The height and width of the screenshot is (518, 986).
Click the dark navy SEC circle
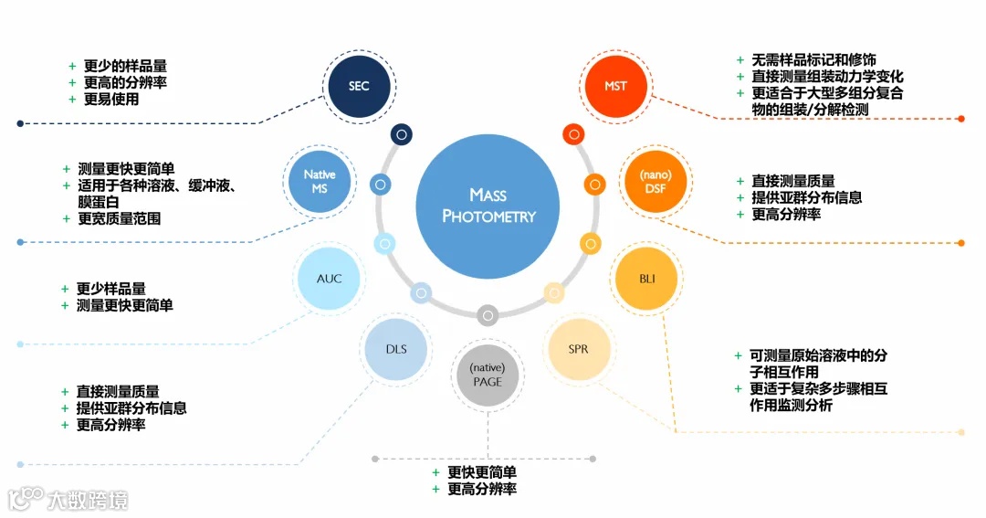click(x=359, y=87)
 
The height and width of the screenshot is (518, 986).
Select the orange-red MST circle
click(x=615, y=87)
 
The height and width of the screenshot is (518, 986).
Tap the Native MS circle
click(x=320, y=182)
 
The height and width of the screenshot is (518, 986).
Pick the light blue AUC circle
click(x=329, y=278)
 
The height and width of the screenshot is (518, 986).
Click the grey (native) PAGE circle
click(x=488, y=375)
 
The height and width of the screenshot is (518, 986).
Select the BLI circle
click(x=647, y=278)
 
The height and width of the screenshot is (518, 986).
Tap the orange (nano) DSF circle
click(x=655, y=182)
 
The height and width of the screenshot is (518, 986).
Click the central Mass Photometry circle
click(x=488, y=206)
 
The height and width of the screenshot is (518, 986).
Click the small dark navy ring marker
click(x=401, y=134)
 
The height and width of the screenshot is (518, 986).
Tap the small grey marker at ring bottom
click(x=488, y=315)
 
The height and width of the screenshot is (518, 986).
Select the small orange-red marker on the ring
click(x=573, y=134)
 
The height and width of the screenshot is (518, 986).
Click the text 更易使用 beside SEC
click(x=111, y=100)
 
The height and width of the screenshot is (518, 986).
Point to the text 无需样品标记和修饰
click(x=813, y=60)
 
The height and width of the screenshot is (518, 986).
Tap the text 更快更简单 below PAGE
click(x=481, y=472)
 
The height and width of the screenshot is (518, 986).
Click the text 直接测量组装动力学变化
click(x=827, y=77)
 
